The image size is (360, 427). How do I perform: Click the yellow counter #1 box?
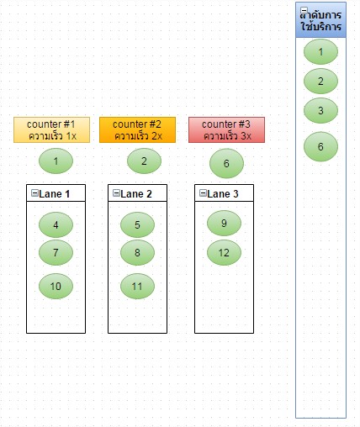[x=51, y=129]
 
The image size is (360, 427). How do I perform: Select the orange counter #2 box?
[x=137, y=129]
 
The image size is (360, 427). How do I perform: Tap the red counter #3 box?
[x=226, y=129]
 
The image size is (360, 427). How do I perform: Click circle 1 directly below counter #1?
[x=56, y=161]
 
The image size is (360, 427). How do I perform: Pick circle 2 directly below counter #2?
[x=144, y=161]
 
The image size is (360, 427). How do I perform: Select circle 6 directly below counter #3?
[x=226, y=163]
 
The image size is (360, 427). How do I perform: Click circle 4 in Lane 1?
[x=56, y=224]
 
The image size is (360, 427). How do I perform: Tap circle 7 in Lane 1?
[x=56, y=252]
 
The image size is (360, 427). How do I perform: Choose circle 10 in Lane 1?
[x=56, y=286]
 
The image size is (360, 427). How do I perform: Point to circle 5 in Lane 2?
[x=137, y=224]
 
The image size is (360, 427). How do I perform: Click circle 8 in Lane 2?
[x=137, y=252]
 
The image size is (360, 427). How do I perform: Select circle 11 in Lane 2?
[x=137, y=286]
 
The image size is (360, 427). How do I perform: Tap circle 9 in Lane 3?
[x=224, y=223]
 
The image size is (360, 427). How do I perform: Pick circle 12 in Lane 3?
[x=224, y=252]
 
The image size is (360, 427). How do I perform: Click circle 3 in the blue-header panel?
[x=320, y=110]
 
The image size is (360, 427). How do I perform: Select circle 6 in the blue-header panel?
[x=320, y=146]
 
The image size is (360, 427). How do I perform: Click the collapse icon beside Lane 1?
[x=34, y=192]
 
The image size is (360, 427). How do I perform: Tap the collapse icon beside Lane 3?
[x=203, y=192]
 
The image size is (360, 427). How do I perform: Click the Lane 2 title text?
[x=136, y=194]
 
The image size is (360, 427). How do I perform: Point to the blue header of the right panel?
[x=320, y=20]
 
